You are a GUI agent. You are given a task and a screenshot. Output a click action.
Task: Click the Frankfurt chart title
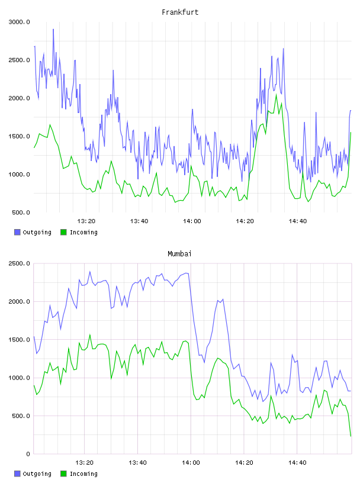[180, 12]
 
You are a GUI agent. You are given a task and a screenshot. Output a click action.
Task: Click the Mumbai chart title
[179, 254]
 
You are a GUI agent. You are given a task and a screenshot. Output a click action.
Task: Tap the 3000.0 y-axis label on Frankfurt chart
[19, 22]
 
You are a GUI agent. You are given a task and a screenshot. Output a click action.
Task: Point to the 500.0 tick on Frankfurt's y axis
[21, 212]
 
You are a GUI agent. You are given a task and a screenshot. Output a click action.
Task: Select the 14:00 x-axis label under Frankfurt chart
[192, 221]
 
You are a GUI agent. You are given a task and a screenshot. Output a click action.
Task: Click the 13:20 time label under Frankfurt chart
[86, 221]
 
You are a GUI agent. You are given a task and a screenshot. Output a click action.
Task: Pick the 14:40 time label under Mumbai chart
[297, 463]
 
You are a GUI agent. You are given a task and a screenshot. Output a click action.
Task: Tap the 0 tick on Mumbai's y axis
[28, 454]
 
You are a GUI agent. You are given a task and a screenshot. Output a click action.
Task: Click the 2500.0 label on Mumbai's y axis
[19, 263]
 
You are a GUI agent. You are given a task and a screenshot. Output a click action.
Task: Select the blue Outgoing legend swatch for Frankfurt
[17, 232]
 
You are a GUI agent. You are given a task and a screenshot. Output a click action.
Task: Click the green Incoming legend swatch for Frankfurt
[63, 232]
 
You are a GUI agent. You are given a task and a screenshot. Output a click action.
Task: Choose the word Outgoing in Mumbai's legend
[37, 474]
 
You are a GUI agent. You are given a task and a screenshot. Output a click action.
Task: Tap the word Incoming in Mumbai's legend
[83, 474]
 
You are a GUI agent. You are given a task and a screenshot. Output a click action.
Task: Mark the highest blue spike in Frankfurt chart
[53, 29]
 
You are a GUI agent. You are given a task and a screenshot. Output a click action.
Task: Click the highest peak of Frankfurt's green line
[276, 94]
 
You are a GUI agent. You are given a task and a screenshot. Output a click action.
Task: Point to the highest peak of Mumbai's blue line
[90, 271]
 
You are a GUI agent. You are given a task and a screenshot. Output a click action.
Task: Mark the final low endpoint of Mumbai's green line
[351, 436]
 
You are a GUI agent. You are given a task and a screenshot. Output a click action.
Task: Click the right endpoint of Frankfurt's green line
[351, 133]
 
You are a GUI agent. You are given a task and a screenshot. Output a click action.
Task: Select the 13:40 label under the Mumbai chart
[137, 463]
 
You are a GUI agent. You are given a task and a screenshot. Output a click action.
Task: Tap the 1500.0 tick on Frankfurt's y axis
[19, 137]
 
